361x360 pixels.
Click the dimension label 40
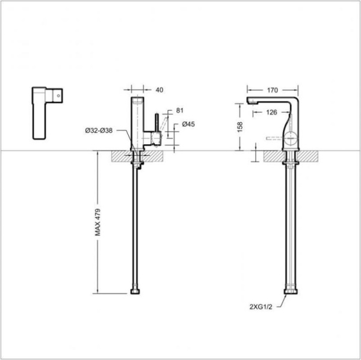159,90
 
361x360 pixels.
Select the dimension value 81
180,111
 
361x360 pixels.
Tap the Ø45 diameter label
188,125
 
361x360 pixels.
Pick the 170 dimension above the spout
272,90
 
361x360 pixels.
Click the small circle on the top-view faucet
58,94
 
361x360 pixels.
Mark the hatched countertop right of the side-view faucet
310,156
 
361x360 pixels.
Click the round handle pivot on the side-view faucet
292,139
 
